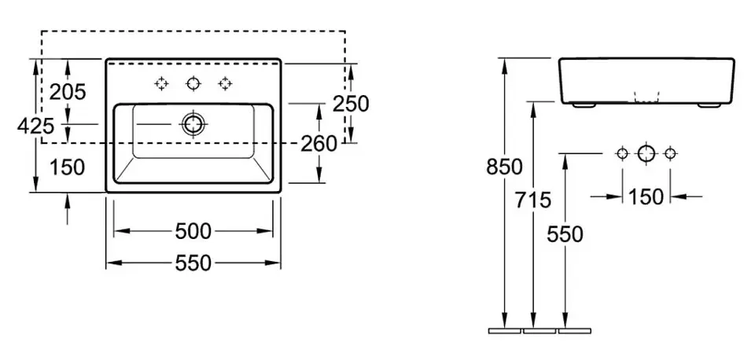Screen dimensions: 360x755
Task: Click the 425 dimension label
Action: pos(35,125)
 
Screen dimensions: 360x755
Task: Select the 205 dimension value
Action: pos(68,92)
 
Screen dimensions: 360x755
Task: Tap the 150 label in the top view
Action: pos(68,167)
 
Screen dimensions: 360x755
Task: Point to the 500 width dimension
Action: pos(193,231)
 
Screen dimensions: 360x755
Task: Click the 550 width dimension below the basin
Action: pos(193,263)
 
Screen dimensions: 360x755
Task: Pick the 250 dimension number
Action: pos(351,103)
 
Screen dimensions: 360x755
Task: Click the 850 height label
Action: pos(504,167)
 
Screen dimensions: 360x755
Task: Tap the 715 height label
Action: pos(535,200)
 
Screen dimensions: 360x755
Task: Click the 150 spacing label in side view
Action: pos(646,197)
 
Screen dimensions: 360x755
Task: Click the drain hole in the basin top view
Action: pos(193,123)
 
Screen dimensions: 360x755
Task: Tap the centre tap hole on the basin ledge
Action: pos(193,83)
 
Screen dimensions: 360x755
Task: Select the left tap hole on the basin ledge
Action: pos(161,83)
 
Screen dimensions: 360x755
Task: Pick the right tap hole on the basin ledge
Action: pos(226,83)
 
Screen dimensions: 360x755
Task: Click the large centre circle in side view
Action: pos(646,153)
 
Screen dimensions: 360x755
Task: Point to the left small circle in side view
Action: pos(622,153)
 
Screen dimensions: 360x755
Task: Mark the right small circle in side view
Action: pos(670,153)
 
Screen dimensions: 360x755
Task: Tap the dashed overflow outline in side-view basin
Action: pos(646,95)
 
